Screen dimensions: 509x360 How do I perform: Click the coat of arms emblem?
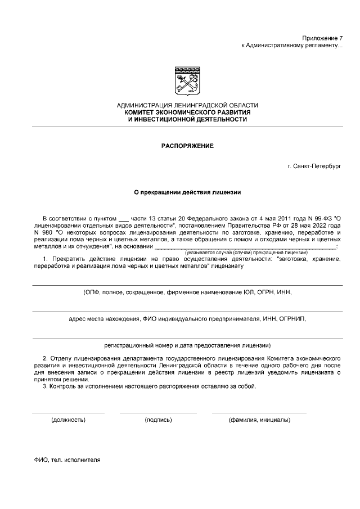[x=187, y=82]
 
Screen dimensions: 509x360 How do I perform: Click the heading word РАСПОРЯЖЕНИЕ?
[x=187, y=146]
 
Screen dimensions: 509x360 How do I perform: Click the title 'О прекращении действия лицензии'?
[x=187, y=192]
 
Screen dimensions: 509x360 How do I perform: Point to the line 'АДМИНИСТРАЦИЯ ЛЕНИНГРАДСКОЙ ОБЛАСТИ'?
[x=187, y=106]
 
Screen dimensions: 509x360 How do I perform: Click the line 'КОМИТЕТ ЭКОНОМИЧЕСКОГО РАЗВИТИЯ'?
[x=187, y=112]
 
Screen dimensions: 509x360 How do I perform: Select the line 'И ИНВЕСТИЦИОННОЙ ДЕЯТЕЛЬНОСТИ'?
[x=187, y=120]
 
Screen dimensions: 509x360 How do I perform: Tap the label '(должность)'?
[x=68, y=420]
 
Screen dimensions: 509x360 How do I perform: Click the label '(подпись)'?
[x=158, y=420]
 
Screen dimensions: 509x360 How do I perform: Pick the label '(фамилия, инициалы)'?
[x=259, y=420]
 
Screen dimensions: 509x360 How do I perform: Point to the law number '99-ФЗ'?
[x=321, y=217]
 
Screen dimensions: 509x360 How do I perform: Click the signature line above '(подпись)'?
[x=158, y=413]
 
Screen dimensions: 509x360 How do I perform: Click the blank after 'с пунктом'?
[x=124, y=218]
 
